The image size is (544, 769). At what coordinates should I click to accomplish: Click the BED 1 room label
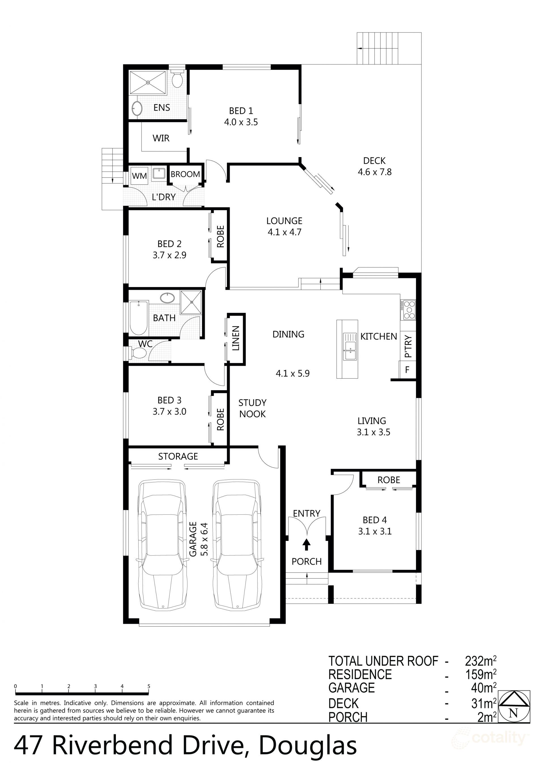tap(241, 111)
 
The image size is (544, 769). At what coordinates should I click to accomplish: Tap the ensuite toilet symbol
tap(177, 79)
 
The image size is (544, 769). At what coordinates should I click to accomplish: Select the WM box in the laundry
tap(139, 175)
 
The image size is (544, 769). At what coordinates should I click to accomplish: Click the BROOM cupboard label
tap(185, 174)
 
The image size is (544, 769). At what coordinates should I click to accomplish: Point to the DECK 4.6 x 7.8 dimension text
tap(374, 172)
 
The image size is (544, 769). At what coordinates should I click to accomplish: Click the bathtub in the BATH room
tap(139, 318)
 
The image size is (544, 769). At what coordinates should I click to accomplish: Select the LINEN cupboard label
tap(236, 338)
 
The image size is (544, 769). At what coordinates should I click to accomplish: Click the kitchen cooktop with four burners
tap(409, 310)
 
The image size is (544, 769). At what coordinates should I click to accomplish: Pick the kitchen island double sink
tap(349, 347)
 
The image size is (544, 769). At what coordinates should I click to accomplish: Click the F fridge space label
tap(407, 370)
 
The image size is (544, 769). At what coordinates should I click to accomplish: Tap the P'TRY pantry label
tap(408, 346)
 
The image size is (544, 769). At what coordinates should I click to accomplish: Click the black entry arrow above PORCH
tap(306, 545)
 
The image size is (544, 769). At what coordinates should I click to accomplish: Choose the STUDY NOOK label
tap(252, 408)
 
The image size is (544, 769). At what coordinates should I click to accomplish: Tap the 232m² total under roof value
tap(480, 661)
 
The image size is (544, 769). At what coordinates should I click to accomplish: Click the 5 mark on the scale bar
tap(148, 686)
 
